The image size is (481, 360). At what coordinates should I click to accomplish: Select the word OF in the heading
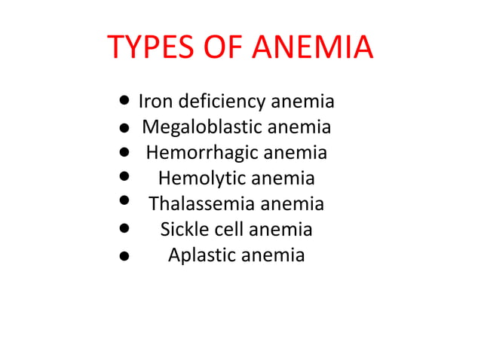224,47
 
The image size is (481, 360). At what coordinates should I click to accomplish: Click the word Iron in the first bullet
154,101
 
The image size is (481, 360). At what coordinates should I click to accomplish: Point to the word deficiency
219,102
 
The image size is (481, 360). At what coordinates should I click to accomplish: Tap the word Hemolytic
202,178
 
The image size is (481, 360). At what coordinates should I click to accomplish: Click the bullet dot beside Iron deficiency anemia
124,100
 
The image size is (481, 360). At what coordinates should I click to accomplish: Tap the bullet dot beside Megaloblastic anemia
123,127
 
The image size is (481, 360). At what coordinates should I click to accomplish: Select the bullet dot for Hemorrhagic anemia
123,151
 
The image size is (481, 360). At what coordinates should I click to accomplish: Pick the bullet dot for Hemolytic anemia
124,177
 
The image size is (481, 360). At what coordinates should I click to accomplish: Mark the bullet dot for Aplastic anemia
123,255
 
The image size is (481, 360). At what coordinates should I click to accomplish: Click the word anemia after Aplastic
272,255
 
